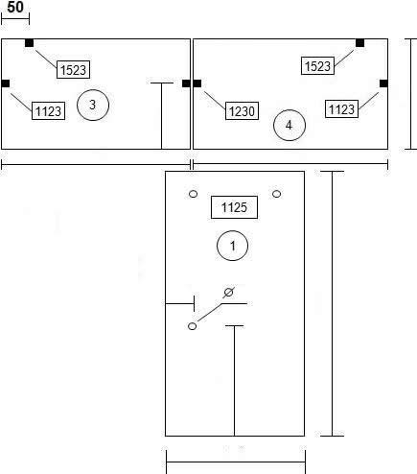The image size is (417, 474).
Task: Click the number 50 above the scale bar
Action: pyautogui.click(x=15, y=7)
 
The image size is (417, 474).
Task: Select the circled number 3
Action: pyautogui.click(x=93, y=105)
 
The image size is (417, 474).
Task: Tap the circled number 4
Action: pyautogui.click(x=290, y=125)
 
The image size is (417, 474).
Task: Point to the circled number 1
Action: pyautogui.click(x=232, y=246)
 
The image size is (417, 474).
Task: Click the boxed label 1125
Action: pyautogui.click(x=234, y=207)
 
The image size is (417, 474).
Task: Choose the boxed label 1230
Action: pyautogui.click(x=242, y=111)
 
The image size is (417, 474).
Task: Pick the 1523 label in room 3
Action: pyautogui.click(x=73, y=69)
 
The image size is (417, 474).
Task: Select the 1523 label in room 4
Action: pyautogui.click(x=317, y=66)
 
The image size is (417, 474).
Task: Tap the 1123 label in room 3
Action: pyautogui.click(x=48, y=111)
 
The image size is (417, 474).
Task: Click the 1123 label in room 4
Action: pyautogui.click(x=341, y=109)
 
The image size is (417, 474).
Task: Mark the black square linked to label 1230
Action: pyautogui.click(x=197, y=83)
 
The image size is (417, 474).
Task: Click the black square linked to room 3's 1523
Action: pyautogui.click(x=29, y=43)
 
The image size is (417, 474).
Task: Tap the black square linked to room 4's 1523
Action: pyautogui.click(x=359, y=43)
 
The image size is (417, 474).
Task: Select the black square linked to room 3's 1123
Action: pyautogui.click(x=6, y=83)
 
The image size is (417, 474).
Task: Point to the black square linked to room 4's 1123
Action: pyautogui.click(x=383, y=83)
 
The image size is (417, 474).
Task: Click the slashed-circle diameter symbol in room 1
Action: pyautogui.click(x=228, y=292)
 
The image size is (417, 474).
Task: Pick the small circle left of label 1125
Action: pyautogui.click(x=194, y=194)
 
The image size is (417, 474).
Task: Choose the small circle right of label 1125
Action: pyautogui.click(x=277, y=194)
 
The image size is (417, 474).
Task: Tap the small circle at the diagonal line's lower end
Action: pyautogui.click(x=192, y=326)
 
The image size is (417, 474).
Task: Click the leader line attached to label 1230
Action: pyautogui.click(x=215, y=100)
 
